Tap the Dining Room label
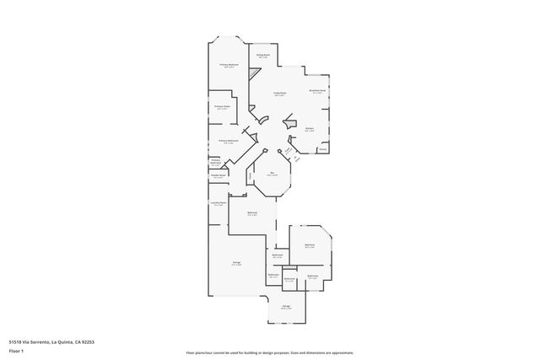pos(263,56)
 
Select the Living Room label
pos(279,94)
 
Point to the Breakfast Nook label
pos(318,90)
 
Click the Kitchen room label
pos(310,129)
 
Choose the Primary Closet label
pos(222,107)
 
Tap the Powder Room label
pos(218,176)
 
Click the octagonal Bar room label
pos(273,175)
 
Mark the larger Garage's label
pos(237,263)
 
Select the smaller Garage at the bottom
pos(286,307)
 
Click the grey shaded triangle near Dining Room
pos(251,74)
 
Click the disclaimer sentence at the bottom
pos(269,352)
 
